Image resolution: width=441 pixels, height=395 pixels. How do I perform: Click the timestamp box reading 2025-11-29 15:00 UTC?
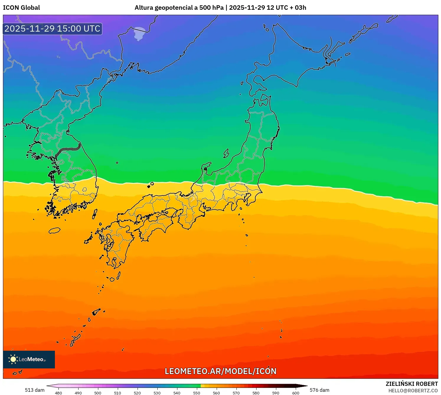[53, 29]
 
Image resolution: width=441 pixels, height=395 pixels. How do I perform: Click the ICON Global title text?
[22, 8]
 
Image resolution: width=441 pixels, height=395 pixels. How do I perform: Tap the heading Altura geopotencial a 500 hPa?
[179, 8]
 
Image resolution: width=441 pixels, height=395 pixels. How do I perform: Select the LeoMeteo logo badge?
[29, 359]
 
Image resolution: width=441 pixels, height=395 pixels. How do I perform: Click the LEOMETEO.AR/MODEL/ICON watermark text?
[220, 371]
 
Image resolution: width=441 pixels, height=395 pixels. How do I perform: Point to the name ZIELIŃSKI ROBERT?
[412, 384]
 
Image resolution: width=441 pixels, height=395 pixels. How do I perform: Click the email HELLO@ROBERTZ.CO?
[413, 391]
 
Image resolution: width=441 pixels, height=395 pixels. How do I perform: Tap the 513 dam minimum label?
[35, 390]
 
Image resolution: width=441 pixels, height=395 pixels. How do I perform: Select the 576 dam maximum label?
[319, 390]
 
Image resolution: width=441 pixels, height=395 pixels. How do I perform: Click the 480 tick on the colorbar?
[58, 393]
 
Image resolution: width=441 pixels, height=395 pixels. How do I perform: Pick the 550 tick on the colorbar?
[197, 393]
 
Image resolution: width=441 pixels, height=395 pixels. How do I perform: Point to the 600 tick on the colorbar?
[295, 393]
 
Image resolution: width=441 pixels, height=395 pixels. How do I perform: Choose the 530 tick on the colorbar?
[157, 393]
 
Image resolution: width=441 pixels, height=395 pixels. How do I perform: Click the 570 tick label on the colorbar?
[236, 393]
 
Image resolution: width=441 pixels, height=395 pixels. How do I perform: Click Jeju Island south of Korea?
[54, 231]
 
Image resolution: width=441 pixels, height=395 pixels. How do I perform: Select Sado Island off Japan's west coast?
[226, 153]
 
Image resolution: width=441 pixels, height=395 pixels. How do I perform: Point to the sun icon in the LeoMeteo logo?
[13, 359]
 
